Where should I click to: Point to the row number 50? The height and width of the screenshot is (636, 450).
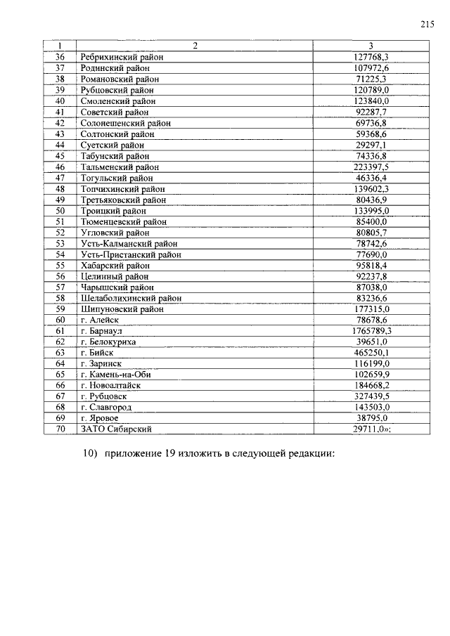click(x=60, y=210)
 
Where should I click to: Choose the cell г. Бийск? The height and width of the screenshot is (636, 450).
click(x=97, y=352)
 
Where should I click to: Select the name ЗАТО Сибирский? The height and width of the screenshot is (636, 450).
click(x=117, y=429)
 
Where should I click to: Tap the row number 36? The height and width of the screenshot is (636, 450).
click(x=60, y=57)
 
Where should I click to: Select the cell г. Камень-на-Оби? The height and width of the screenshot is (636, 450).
click(x=115, y=374)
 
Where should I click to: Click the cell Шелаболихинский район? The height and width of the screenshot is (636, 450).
click(x=131, y=297)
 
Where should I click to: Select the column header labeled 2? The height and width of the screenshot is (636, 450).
click(x=195, y=46)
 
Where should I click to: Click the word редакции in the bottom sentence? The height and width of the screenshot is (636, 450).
click(x=314, y=454)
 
